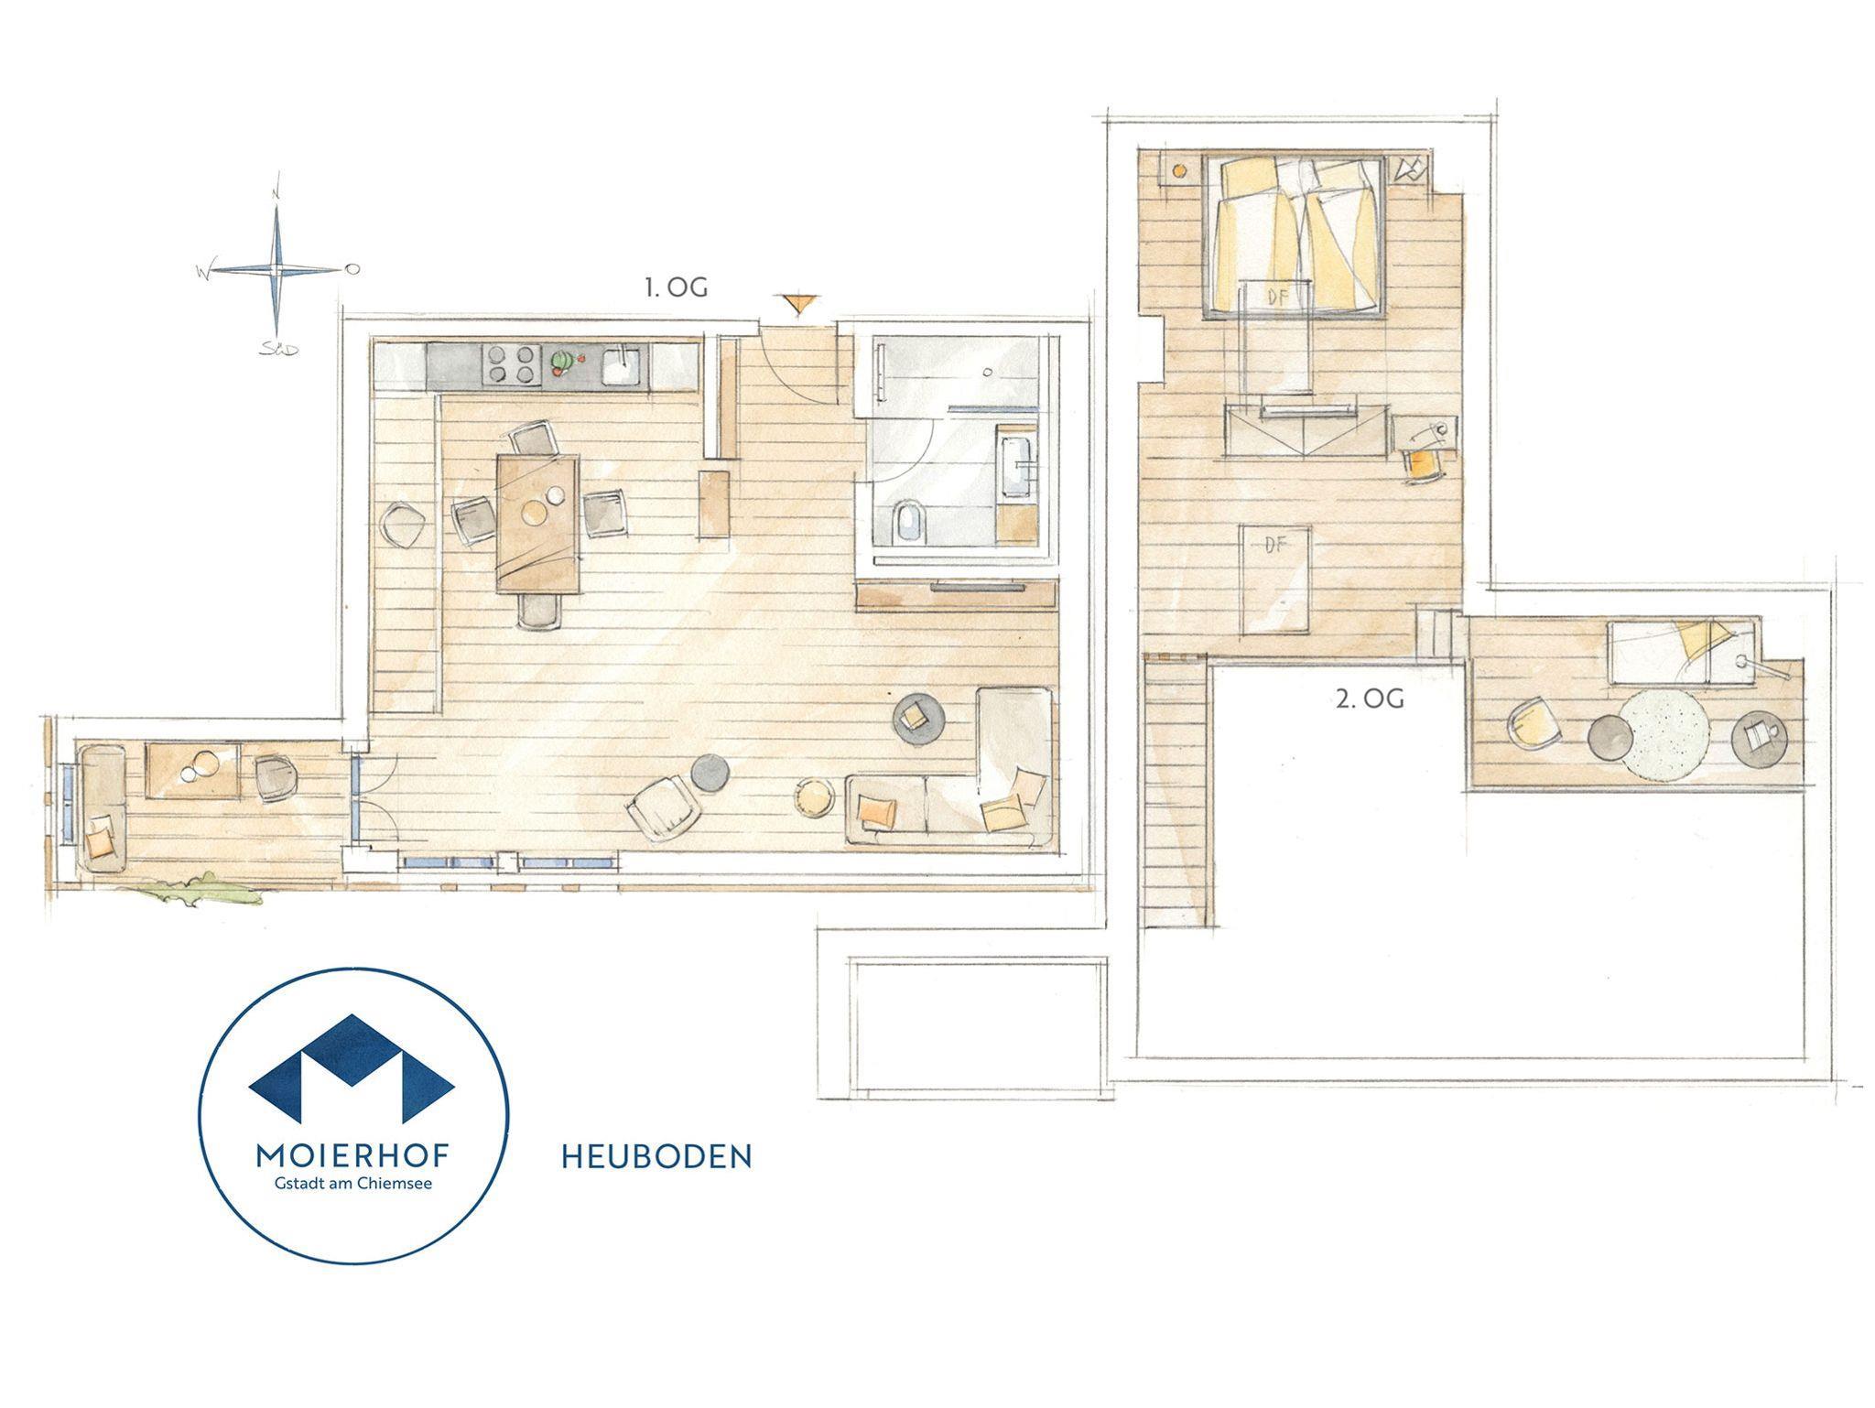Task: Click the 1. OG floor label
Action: (677, 287)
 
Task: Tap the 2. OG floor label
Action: (1370, 699)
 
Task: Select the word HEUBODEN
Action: (656, 1156)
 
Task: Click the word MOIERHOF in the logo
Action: (352, 1156)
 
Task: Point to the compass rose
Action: (277, 269)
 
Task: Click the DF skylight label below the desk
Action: (1275, 545)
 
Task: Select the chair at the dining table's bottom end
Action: (538, 609)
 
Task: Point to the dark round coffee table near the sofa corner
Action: (917, 720)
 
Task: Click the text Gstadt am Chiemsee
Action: (353, 1184)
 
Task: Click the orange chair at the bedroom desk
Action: (1421, 465)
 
